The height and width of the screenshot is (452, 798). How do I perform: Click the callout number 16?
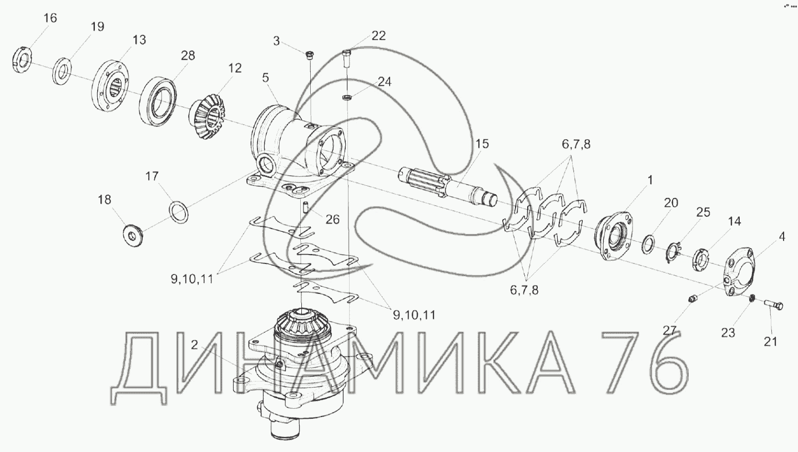click(50, 18)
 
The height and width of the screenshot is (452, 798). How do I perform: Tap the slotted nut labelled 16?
click(22, 60)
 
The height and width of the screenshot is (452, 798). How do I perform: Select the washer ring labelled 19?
click(62, 71)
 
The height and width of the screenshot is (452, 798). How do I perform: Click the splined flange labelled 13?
click(110, 88)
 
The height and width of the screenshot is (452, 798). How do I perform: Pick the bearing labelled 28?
click(158, 101)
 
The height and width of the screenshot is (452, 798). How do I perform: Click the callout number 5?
click(265, 78)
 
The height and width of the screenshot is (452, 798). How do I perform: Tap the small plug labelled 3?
click(310, 55)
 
